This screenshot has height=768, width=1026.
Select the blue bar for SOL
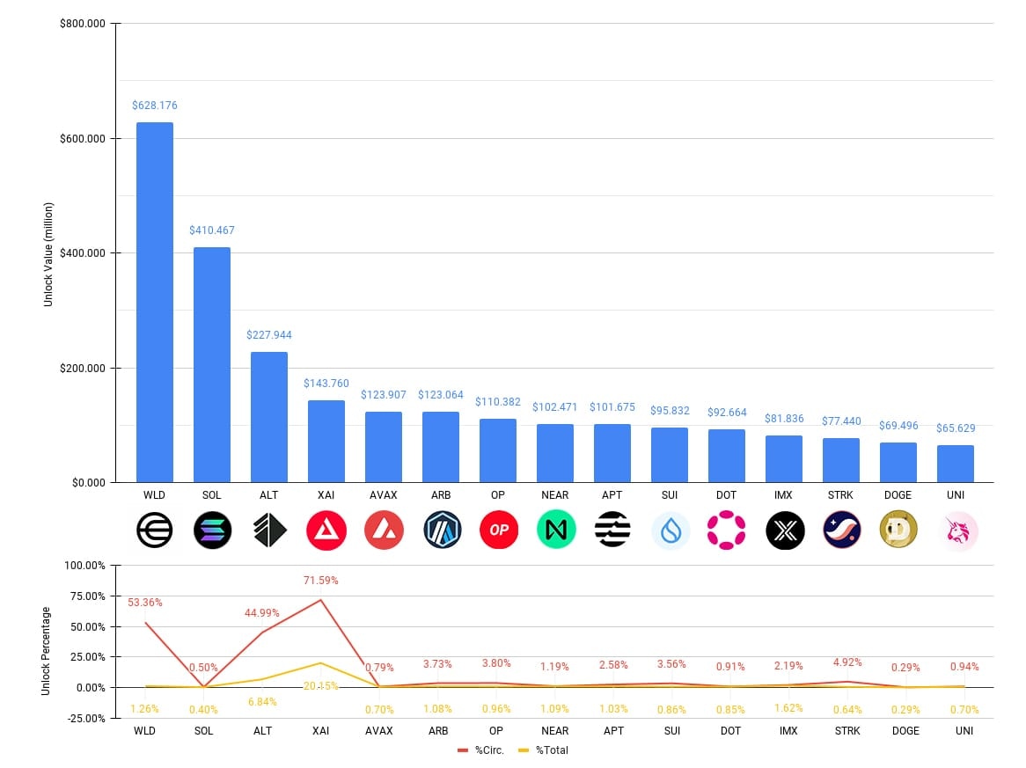[212, 364]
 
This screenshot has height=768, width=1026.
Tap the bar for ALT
[269, 417]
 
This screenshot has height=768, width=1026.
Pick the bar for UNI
[955, 464]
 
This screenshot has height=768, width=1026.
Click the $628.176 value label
[155, 106]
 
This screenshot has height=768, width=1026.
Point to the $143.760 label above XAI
[326, 384]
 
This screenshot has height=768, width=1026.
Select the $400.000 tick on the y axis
[83, 253]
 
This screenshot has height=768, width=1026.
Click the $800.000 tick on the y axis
[83, 24]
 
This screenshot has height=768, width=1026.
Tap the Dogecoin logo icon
[898, 530]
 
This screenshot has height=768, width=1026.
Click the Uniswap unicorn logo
[955, 530]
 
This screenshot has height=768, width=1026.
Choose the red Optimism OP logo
[498, 530]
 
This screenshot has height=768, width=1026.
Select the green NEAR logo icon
[555, 530]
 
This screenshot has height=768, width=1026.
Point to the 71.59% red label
[320, 581]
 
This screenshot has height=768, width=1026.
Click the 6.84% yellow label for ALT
[263, 701]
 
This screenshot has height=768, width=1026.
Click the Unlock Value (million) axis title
[48, 254]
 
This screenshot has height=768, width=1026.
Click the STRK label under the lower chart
[840, 731]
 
